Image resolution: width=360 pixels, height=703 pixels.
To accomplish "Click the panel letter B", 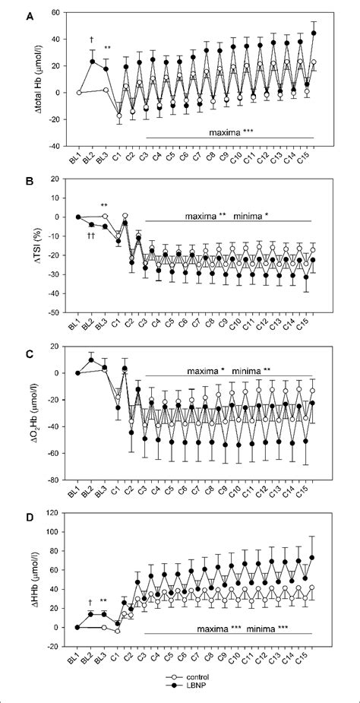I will tap(9, 181).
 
